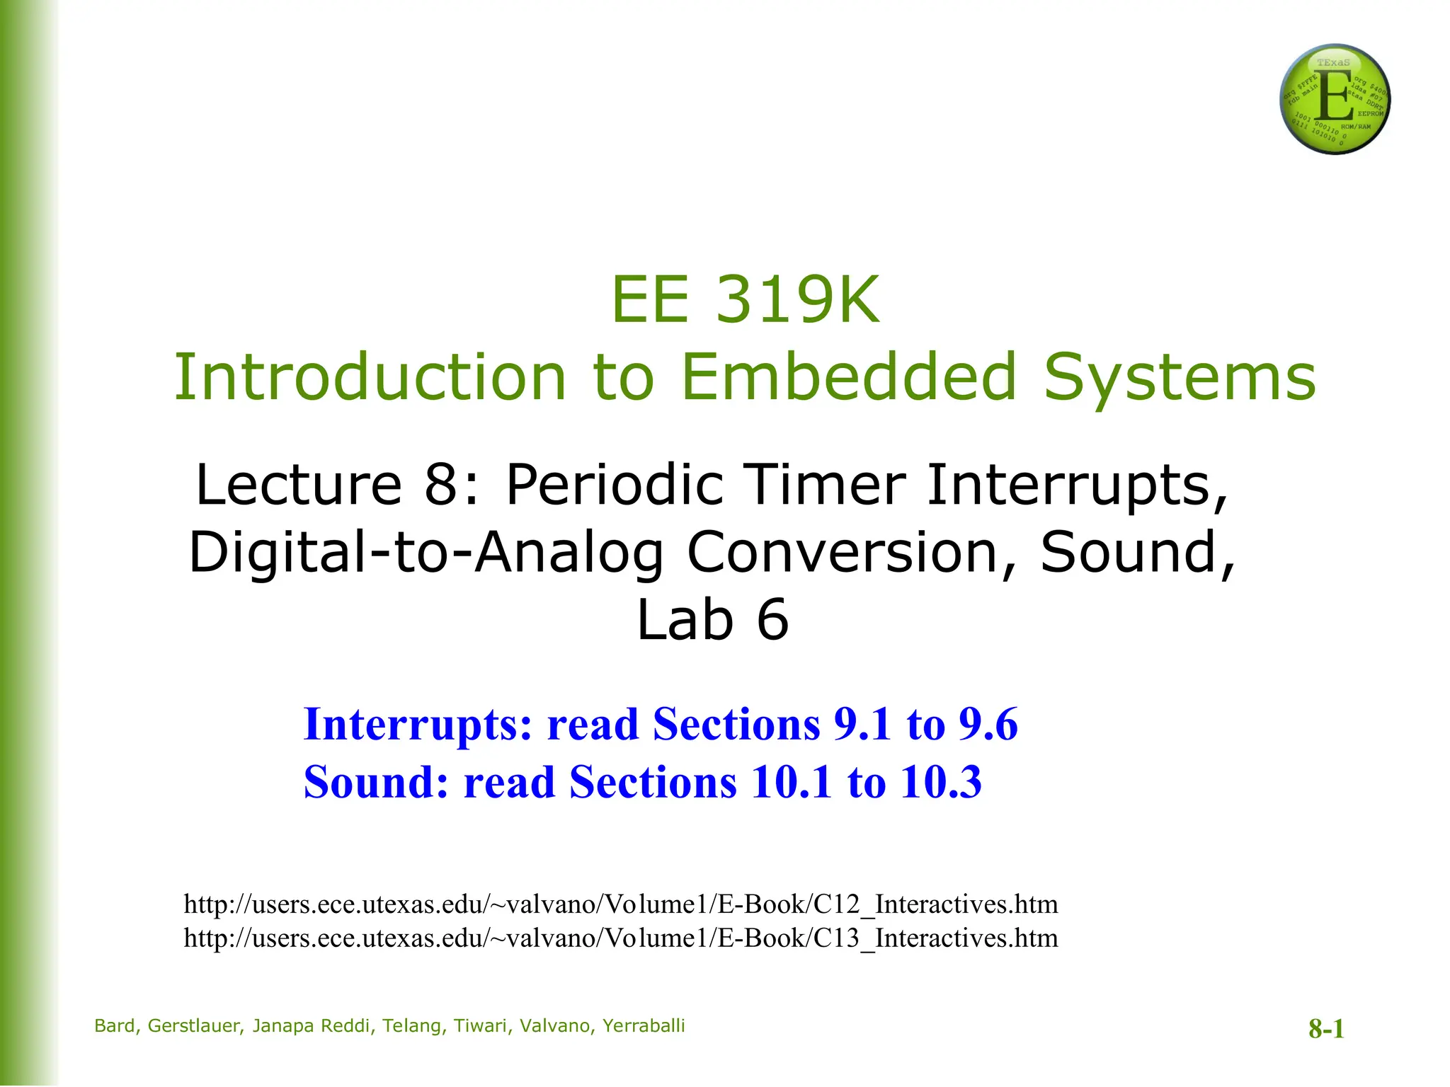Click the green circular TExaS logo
tap(1335, 99)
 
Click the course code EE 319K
tap(745, 300)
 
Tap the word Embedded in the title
tap(849, 376)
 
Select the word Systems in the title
tap(1180, 376)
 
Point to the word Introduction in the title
tap(370, 376)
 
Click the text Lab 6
tap(712, 620)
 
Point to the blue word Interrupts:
tap(418, 725)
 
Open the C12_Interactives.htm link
tap(620, 904)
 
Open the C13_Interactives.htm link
tap(620, 938)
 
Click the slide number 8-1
tap(1326, 1029)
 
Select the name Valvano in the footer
tap(554, 1026)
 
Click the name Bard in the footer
tap(115, 1026)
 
